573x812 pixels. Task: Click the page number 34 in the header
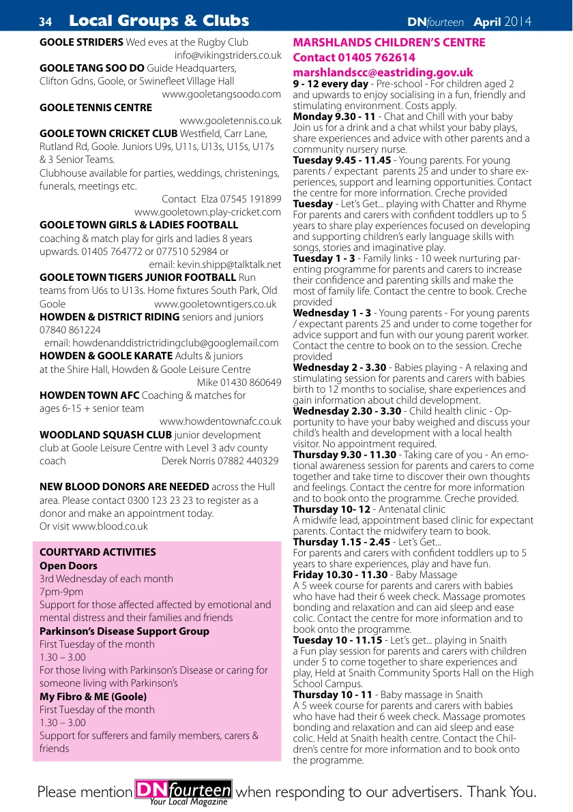(45, 22)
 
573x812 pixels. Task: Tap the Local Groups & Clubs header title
(159, 21)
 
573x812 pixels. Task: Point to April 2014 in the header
(502, 22)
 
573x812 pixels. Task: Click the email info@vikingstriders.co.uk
(228, 55)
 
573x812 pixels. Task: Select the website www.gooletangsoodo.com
(221, 94)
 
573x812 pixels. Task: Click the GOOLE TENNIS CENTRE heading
(96, 108)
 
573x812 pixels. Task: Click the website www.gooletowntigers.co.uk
(216, 304)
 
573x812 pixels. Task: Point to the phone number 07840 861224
(70, 330)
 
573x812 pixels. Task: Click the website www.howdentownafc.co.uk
(220, 421)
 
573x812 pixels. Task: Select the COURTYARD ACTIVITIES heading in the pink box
(98, 552)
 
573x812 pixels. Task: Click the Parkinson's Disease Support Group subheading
(124, 631)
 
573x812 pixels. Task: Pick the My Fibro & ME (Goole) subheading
(93, 697)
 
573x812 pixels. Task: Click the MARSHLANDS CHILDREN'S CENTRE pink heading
(389, 42)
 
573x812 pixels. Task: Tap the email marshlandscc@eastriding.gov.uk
(383, 72)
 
